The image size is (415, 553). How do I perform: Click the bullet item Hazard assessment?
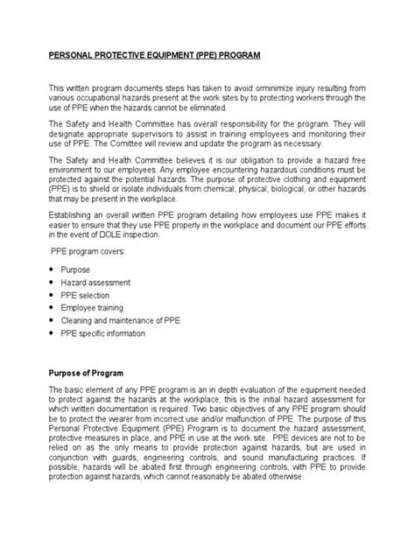click(x=97, y=283)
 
